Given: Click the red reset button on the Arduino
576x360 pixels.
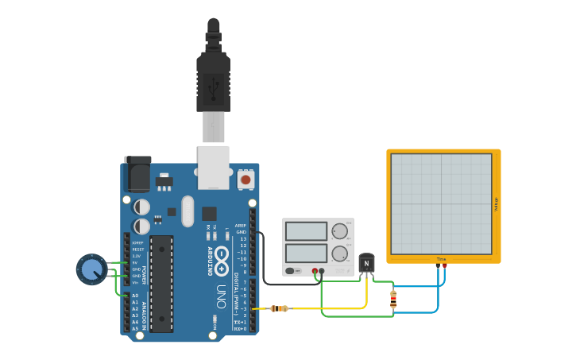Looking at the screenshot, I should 245,180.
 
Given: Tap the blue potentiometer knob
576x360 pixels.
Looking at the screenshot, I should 91,270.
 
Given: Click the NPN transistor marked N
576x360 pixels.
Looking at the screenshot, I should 366,263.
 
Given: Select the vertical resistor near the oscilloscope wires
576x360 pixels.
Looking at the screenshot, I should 393,299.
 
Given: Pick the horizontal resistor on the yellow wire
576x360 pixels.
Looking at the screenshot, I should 279,308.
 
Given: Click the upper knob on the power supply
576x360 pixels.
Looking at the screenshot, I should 339,231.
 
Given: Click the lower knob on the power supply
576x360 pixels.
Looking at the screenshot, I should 339,254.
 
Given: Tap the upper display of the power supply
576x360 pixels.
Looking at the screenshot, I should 306,231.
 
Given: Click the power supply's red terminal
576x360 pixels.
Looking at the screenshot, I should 315,272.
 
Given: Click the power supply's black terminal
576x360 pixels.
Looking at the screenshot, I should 322,272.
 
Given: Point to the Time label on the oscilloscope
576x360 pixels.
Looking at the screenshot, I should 441,259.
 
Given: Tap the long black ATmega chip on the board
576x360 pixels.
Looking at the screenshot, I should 161,284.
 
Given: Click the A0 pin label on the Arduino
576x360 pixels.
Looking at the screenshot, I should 135,296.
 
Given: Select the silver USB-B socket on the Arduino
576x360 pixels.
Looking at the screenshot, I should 213,168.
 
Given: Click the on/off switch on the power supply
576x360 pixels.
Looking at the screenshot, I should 293,271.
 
